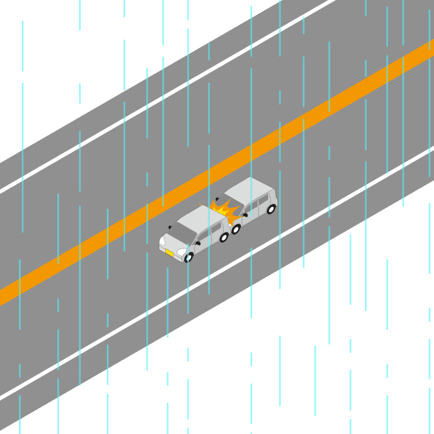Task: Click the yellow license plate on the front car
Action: tap(170, 253)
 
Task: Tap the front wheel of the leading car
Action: tap(189, 257)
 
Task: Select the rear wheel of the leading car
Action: tap(224, 237)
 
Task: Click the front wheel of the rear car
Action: tap(236, 229)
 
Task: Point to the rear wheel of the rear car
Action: tap(271, 209)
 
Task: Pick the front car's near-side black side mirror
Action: tap(197, 243)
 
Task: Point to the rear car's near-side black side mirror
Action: tap(245, 215)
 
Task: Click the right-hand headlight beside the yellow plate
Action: tap(181, 252)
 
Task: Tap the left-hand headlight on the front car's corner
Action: tap(162, 240)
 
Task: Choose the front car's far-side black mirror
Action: tap(170, 227)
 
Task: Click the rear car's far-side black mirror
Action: tap(217, 199)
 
